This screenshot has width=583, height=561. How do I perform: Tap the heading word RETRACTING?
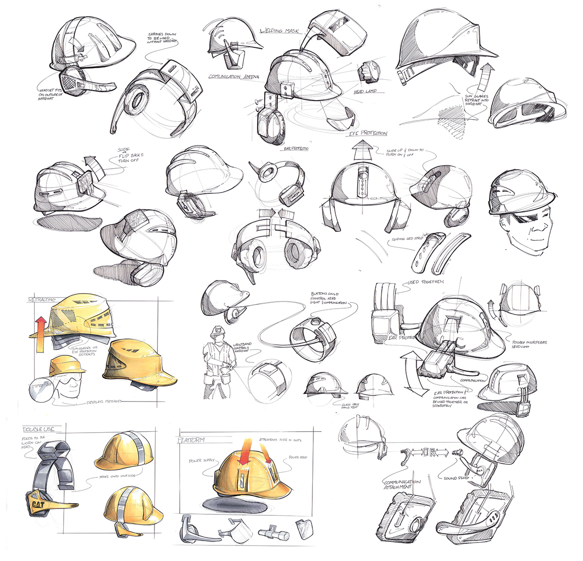[x=42, y=299]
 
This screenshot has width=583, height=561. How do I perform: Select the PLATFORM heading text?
[x=192, y=439]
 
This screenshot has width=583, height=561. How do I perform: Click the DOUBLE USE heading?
[x=42, y=429]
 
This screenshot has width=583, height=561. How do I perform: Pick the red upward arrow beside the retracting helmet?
[x=41, y=329]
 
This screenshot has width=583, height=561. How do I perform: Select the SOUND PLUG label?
[x=457, y=478]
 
